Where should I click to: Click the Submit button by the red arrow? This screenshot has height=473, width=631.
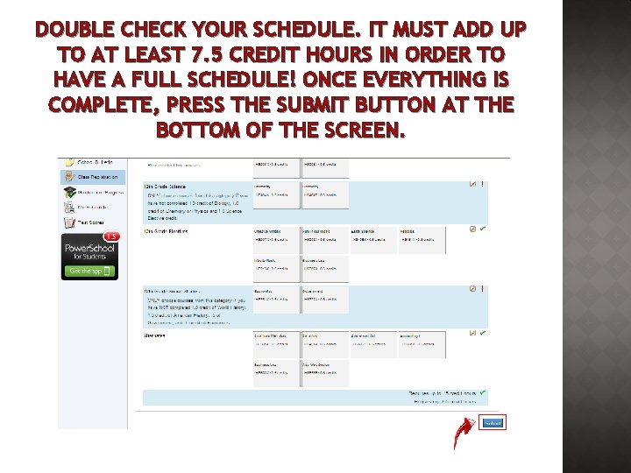pyautogui.click(x=493, y=423)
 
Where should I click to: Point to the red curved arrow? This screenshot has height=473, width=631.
pyautogui.click(x=463, y=432)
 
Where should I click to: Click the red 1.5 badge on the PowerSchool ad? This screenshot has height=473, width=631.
pyautogui.click(x=111, y=236)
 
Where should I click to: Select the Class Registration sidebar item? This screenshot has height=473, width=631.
pyautogui.click(x=84, y=176)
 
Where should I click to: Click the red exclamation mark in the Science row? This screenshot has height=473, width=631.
pyautogui.click(x=483, y=185)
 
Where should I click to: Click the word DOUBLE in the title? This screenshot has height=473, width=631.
pyautogui.click(x=75, y=30)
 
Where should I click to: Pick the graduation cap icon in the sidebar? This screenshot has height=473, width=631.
pyautogui.click(x=68, y=192)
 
